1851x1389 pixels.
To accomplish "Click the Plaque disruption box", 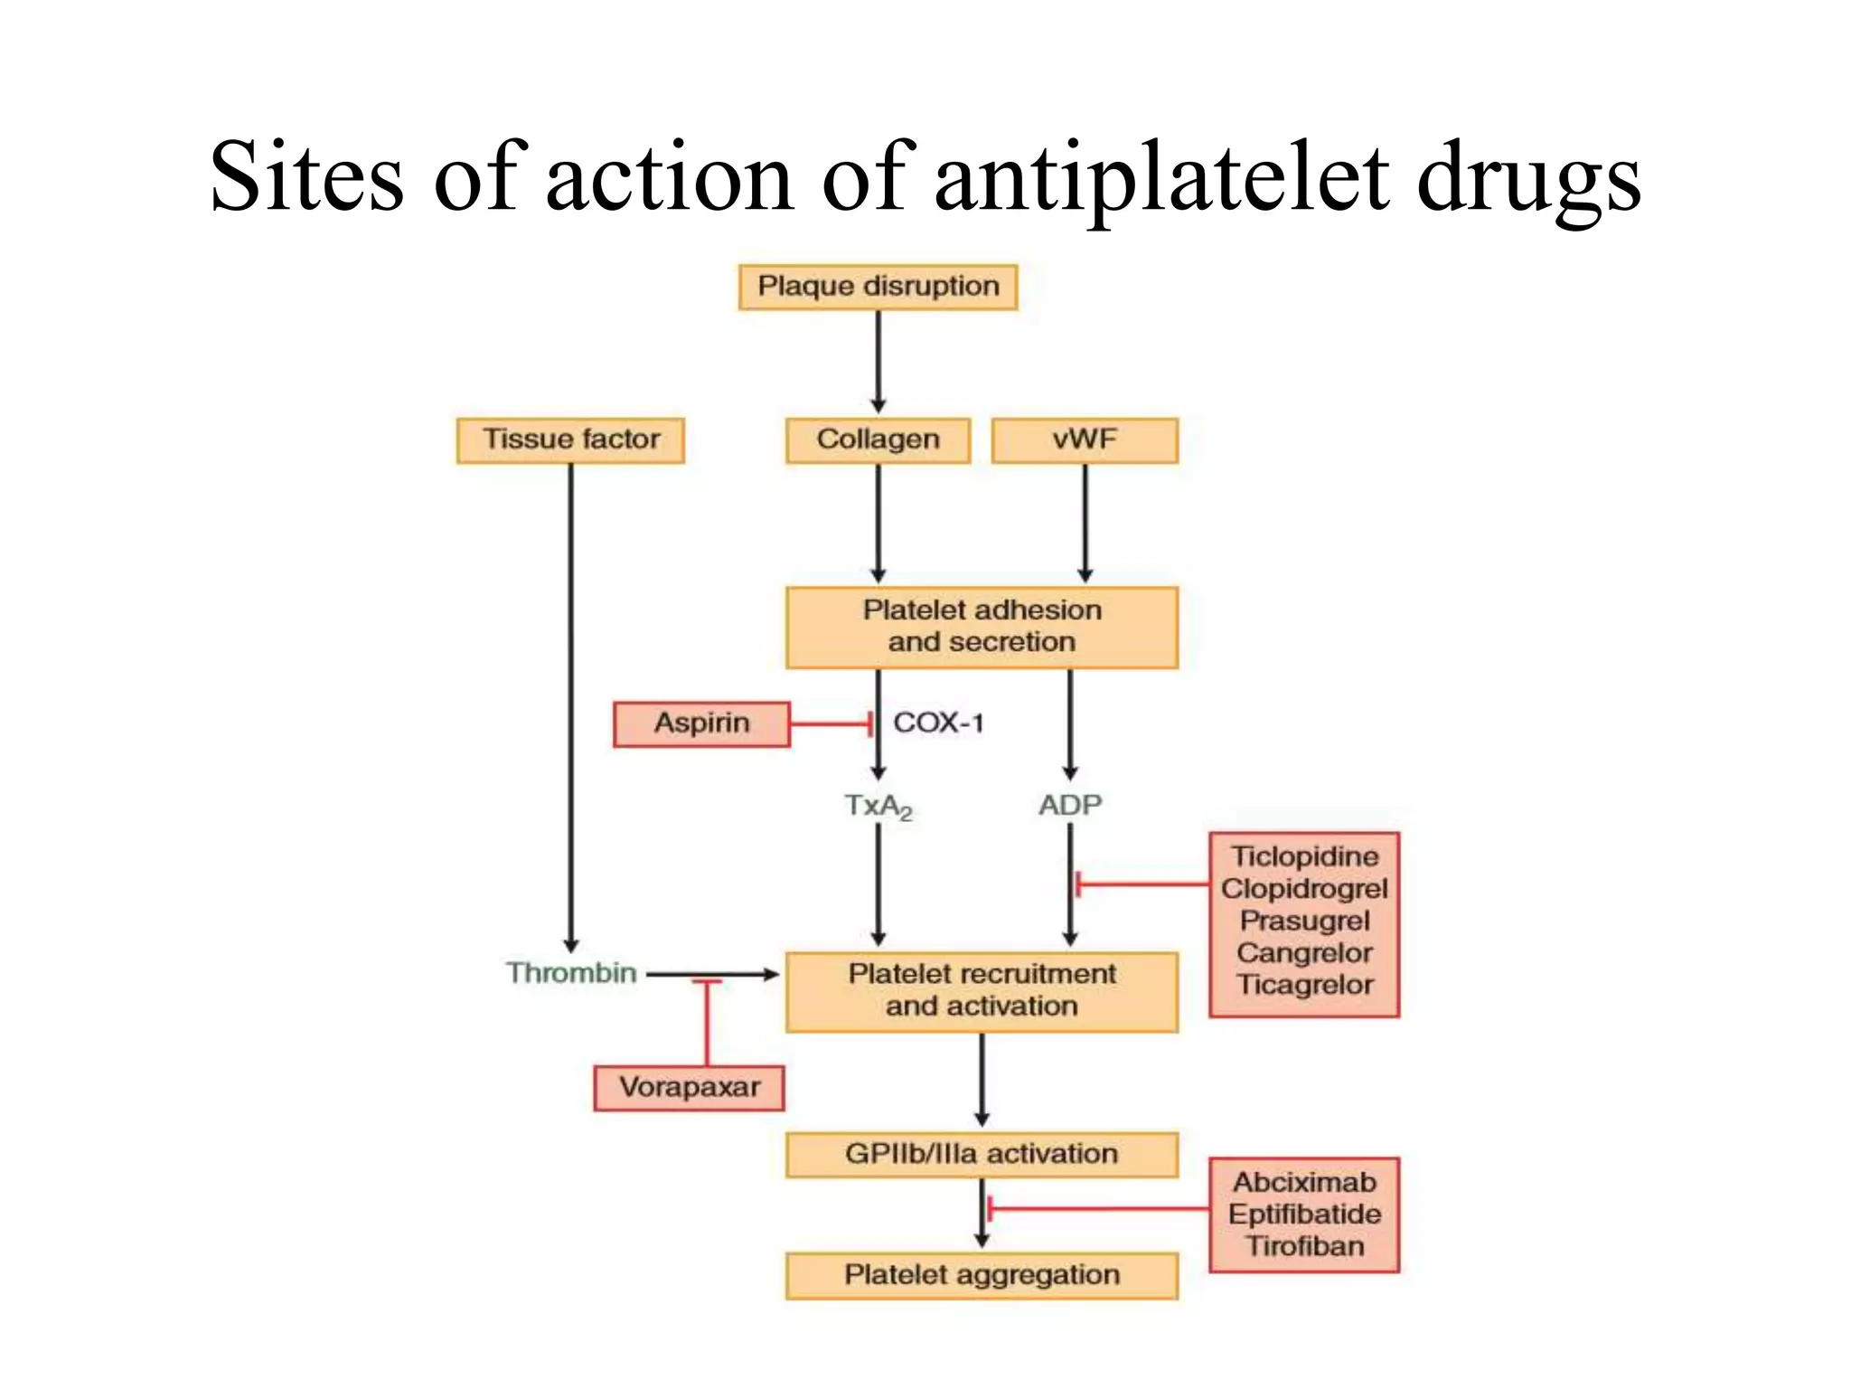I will coord(878,287).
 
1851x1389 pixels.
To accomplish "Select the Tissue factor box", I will coord(570,440).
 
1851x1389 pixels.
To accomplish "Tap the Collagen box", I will coord(878,440).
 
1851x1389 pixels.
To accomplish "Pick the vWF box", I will coord(1085,440).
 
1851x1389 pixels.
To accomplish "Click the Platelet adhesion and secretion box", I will coord(982,627).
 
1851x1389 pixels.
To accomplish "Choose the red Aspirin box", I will coord(701,723).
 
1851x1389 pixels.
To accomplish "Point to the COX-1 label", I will coord(938,723).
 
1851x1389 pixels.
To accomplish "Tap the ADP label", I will coord(1070,804).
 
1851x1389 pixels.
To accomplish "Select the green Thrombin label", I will coord(571,973).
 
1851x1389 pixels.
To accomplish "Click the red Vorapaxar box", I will coord(689,1087).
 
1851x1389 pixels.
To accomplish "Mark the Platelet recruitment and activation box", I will coord(982,991).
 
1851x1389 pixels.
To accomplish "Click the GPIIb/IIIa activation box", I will coord(982,1154).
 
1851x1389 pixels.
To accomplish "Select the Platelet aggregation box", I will coord(982,1275).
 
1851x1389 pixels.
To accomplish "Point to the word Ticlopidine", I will coord(1305,856).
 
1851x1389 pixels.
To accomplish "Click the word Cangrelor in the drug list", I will coord(1305,953).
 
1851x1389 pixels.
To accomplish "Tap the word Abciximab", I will coord(1305,1182).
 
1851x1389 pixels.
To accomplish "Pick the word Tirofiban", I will coord(1305,1246).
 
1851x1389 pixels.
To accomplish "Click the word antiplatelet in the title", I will coord(1160,177).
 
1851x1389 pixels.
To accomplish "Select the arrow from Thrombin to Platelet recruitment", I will coord(741,974).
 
